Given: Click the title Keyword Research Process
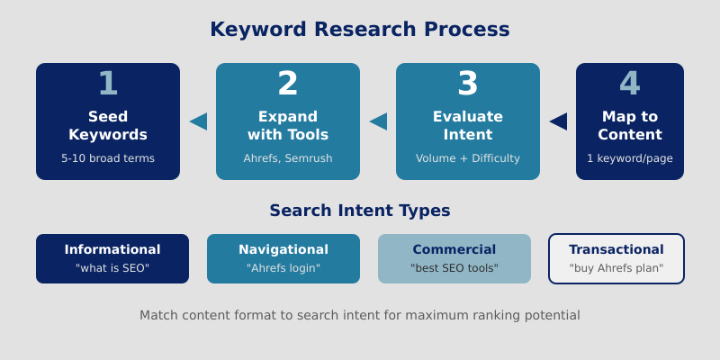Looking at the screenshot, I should pos(360,29).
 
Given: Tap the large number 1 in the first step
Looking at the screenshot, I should pos(108,84).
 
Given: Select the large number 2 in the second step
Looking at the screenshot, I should pos(288,84).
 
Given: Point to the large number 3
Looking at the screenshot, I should pos(468,84).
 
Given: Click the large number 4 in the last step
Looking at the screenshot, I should pos(630,84).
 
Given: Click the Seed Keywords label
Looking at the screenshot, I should pos(108,125).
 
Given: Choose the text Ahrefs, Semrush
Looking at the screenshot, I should pos(288,158).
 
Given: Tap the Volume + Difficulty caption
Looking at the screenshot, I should pos(468,158).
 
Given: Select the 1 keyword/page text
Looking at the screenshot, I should pos(630,158).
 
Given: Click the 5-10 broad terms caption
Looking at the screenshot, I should pos(108,158).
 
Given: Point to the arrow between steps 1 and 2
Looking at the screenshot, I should pos(199,121).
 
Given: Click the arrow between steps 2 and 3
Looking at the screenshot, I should pos(379,121).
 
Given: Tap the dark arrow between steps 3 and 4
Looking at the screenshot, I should pos(559,121).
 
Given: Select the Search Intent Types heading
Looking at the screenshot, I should pos(360,211).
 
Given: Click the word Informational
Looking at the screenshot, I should pos(112,249).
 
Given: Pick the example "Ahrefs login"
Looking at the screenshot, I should pos(283,268).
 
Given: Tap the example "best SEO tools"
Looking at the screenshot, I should pos(454,268).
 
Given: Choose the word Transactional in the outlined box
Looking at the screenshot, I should pos(616,249).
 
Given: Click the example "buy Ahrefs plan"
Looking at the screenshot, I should pos(616,268).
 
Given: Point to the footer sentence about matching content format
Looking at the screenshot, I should pos(360,315).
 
